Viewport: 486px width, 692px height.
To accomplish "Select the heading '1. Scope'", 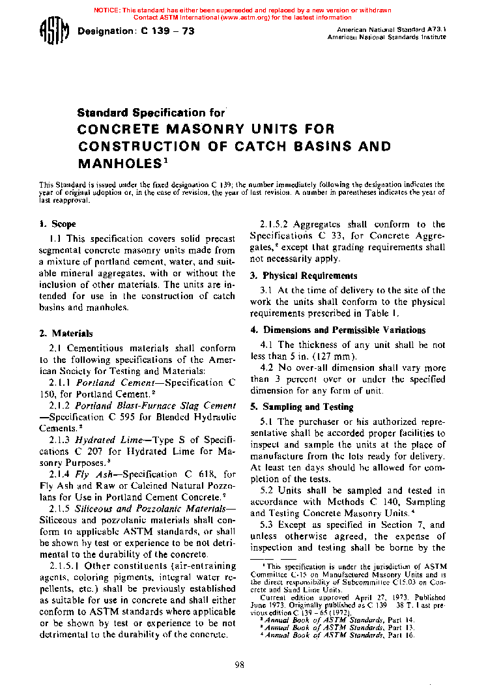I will click(x=57, y=224).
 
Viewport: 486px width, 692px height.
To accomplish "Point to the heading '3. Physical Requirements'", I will click(x=304, y=276).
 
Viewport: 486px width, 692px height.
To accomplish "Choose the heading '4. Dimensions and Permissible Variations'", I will click(x=338, y=330).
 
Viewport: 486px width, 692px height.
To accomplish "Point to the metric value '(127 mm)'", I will click(x=334, y=356).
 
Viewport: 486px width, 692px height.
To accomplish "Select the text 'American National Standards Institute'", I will click(x=386, y=37).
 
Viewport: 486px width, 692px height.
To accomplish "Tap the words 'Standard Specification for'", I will click(x=150, y=113).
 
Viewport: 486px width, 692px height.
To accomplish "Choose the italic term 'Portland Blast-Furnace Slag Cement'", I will click(x=156, y=406).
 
